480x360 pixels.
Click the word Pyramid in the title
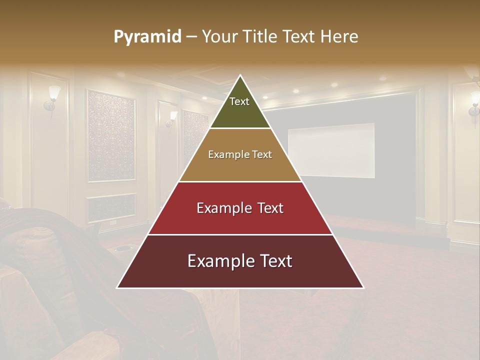(147, 37)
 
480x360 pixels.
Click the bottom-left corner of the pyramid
(118, 287)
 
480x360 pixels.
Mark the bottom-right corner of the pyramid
(363, 287)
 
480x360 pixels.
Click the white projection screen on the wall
(331, 150)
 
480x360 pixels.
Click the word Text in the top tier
(239, 101)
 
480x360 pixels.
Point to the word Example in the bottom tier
(217, 261)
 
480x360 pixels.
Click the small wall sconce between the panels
(172, 118)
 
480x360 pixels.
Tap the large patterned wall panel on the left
(111, 135)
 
